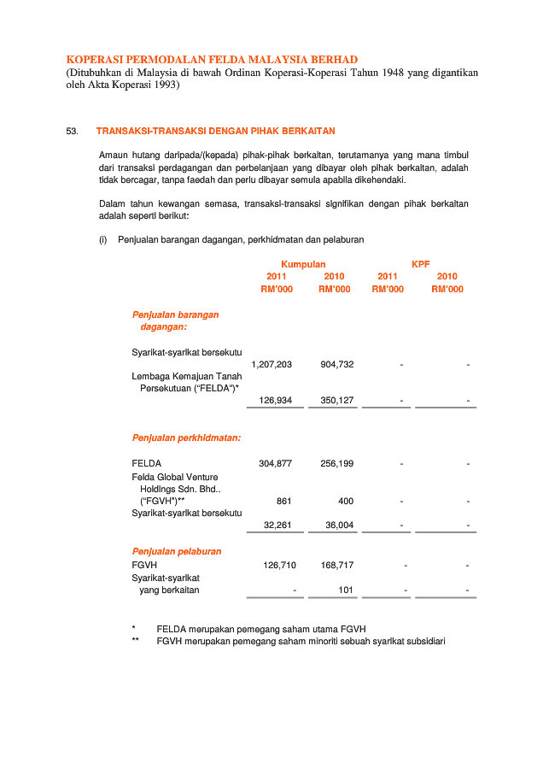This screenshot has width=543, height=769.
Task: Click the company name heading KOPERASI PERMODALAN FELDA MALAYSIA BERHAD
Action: tap(212, 59)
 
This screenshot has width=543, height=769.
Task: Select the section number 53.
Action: tap(72, 132)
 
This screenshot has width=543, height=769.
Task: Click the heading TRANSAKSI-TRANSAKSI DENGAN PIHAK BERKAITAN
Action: tap(215, 132)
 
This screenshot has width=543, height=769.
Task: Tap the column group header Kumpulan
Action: tap(303, 265)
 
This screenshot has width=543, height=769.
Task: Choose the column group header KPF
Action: tap(421, 265)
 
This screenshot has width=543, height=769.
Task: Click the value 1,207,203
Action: tap(271, 365)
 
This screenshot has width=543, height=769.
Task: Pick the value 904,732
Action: tap(337, 365)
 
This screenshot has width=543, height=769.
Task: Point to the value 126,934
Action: tap(275, 400)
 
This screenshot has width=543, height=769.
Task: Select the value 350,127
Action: tap(337, 400)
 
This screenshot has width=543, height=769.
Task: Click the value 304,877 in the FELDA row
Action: tap(275, 464)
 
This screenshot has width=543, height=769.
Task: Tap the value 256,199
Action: tap(337, 464)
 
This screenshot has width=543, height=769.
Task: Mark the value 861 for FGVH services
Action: tap(284, 502)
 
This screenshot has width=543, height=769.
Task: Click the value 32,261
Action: tap(277, 525)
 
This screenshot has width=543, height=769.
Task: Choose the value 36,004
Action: tap(339, 525)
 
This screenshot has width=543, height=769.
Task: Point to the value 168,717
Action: tap(337, 566)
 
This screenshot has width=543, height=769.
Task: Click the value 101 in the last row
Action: tap(346, 590)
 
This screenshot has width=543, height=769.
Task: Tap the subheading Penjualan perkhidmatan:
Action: tap(186, 438)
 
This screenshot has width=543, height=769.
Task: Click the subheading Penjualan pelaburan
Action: tap(177, 552)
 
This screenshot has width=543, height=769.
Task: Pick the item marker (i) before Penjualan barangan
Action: tap(103, 240)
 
